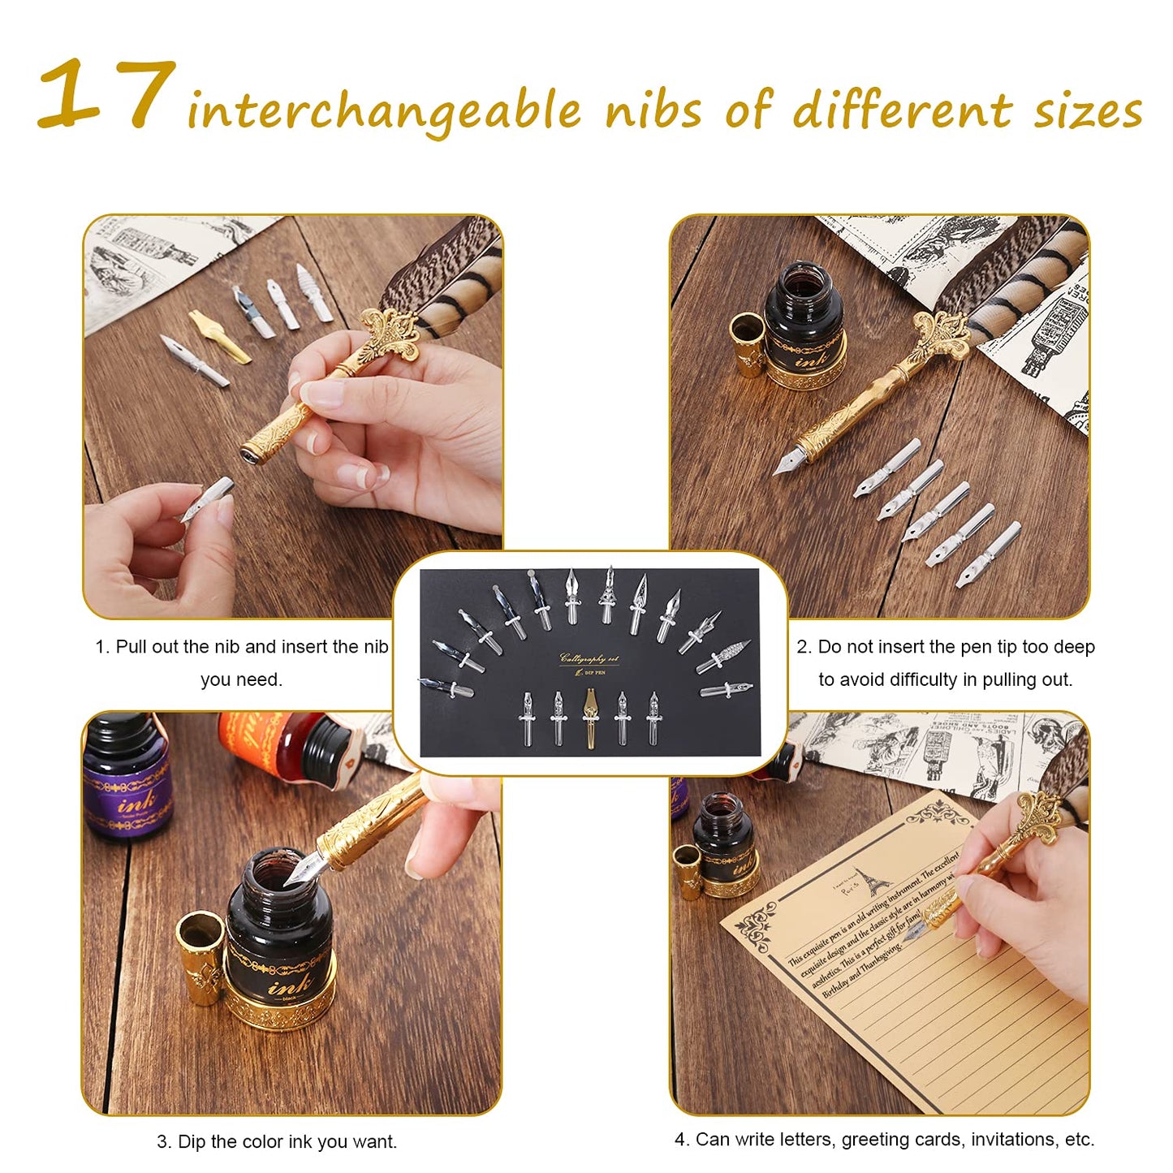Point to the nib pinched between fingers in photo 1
click(x=206, y=498)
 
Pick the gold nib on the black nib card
click(x=590, y=716)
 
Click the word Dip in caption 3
click(x=191, y=1141)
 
